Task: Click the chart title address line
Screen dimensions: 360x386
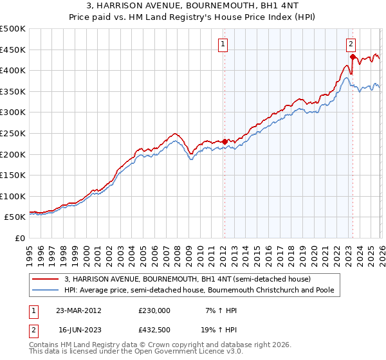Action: (193, 6)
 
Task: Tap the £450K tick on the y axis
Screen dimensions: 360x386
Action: (13, 50)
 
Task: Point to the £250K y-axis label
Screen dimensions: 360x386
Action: (13, 133)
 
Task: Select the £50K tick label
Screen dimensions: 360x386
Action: (15, 217)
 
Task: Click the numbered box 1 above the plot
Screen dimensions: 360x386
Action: (223, 44)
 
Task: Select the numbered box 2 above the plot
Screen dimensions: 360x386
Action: (351, 44)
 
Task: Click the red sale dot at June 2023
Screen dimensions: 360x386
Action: (353, 57)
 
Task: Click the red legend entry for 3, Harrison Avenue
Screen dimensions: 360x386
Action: (187, 279)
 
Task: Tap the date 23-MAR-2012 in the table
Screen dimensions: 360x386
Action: (78, 310)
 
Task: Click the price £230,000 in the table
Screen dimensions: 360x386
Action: (154, 310)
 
